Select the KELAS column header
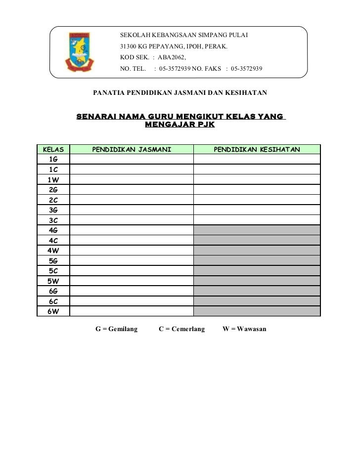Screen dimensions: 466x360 pos(53,149)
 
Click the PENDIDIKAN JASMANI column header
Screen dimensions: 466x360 pos(132,149)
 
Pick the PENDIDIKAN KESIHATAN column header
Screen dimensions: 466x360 pos(257,149)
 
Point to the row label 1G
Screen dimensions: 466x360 pos(53,159)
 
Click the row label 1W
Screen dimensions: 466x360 pos(53,179)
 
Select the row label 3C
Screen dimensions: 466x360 pos(53,220)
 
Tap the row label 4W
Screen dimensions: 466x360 pos(53,250)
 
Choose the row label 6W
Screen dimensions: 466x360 pos(53,311)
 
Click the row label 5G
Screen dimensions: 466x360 pos(53,260)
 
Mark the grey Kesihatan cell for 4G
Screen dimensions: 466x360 pos(257,230)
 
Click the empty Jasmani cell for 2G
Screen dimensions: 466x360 pos(132,189)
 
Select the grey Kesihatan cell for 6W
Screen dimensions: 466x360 pos(257,311)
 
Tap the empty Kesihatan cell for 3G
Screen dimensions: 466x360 pos(257,210)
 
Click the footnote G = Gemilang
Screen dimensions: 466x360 pos(116,329)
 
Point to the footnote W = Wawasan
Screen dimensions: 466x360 pos(245,329)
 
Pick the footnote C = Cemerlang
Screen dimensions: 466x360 pos(181,329)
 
